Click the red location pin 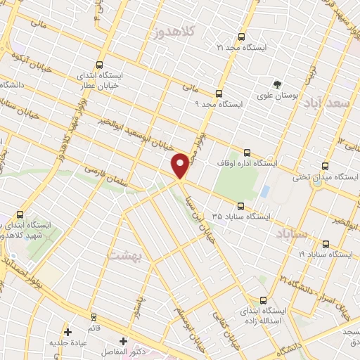tap(181, 165)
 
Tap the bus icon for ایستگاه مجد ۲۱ tap(242, 37)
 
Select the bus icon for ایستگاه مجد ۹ tap(219, 94)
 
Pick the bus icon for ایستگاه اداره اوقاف tap(246, 152)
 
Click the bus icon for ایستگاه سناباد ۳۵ tap(240, 206)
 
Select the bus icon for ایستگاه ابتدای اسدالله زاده tap(264, 300)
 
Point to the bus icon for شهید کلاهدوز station tap(19, 214)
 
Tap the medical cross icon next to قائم tap(67, 332)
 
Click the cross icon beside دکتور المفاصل tap(124, 340)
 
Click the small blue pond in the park tap(264, 191)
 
